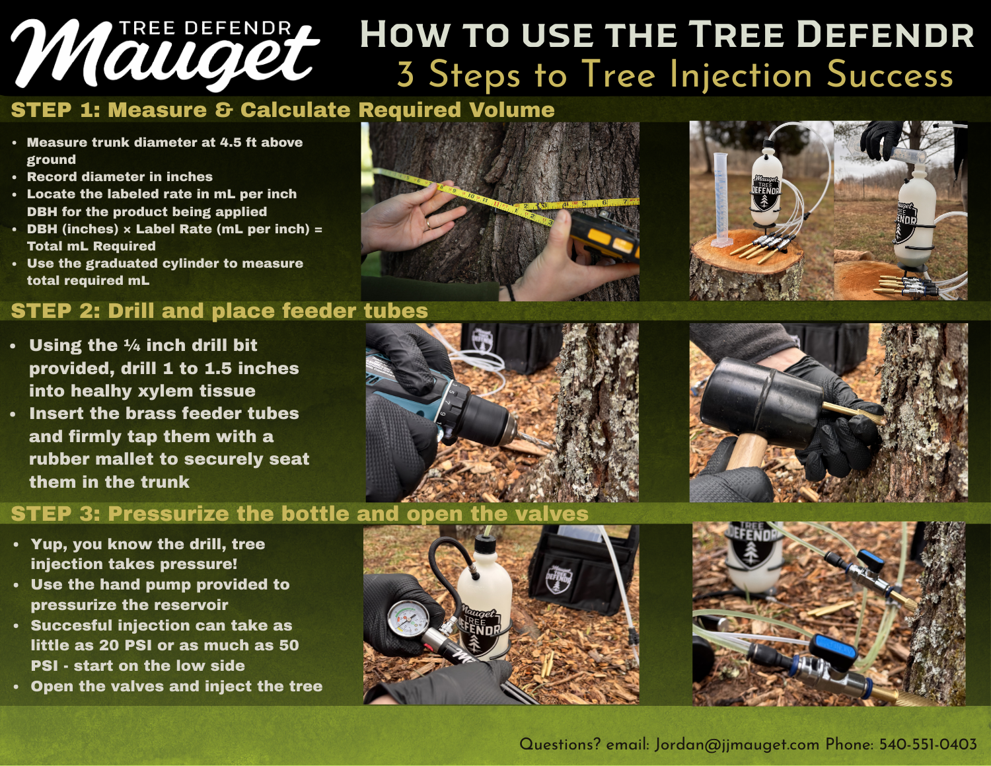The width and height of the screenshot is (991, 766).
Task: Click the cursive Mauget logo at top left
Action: tap(165, 54)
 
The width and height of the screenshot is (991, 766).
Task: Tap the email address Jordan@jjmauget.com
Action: tap(737, 745)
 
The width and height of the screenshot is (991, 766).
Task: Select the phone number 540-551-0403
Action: tap(928, 744)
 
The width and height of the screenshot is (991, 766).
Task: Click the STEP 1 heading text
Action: tap(283, 110)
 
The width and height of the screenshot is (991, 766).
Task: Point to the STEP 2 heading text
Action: tap(219, 311)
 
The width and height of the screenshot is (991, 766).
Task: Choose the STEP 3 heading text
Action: tap(300, 514)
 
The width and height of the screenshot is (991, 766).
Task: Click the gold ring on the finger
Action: tap(429, 223)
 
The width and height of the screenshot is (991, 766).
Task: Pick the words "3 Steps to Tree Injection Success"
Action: tap(675, 75)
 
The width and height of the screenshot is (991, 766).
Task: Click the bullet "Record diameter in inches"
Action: tap(120, 176)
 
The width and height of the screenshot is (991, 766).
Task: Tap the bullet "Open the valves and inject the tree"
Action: tap(176, 686)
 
